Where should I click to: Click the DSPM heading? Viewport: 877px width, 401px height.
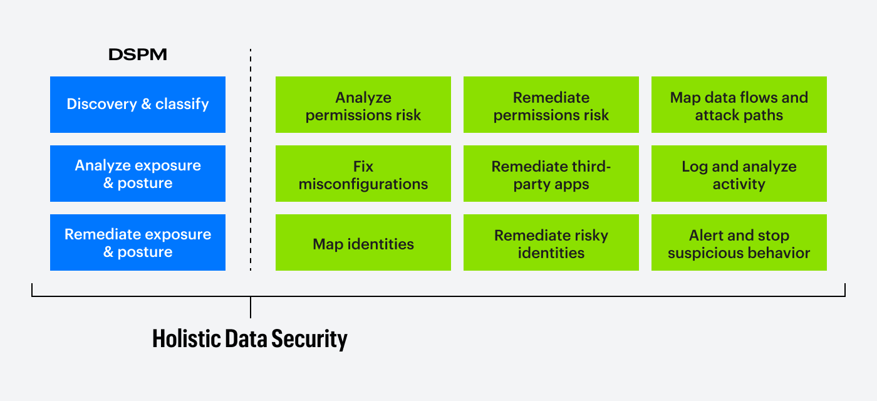pyautogui.click(x=138, y=55)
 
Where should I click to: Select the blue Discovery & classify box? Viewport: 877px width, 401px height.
pyautogui.click(x=138, y=105)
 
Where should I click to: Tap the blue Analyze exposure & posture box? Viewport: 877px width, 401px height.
pyautogui.click(x=138, y=174)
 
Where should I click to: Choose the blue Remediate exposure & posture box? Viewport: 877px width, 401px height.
pyautogui.click(x=138, y=242)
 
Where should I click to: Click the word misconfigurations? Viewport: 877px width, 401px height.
pyautogui.click(x=363, y=184)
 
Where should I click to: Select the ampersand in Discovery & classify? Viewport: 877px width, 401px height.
pyautogui.click(x=147, y=104)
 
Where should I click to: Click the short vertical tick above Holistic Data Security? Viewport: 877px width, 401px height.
pyautogui.click(x=251, y=307)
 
